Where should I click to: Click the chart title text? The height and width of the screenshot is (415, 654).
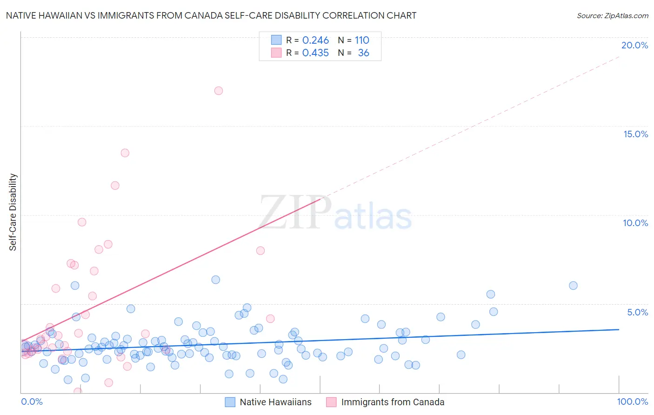pos(211,15)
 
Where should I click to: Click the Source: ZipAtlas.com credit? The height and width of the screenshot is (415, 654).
pos(612,15)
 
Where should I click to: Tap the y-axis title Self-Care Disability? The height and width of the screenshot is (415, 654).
pos(13,212)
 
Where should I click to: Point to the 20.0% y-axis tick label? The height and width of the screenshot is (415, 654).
pos(634,45)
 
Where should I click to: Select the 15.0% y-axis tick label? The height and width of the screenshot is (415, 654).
pos(635,134)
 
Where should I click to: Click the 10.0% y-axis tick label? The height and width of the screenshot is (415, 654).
pos(635,223)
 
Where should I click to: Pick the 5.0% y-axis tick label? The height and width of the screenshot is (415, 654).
pos(637,312)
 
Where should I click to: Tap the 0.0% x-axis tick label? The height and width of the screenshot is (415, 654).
pos(32,402)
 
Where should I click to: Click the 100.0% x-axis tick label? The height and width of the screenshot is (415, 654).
pos(632,402)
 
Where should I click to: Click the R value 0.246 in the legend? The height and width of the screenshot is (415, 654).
pos(315,40)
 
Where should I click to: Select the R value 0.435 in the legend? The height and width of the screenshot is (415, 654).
pos(315,53)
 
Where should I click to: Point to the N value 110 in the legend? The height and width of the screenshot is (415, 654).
pos(362,40)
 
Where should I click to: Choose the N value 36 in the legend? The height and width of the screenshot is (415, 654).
pos(363,53)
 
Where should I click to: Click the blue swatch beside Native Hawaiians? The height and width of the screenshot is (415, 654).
pos(230,402)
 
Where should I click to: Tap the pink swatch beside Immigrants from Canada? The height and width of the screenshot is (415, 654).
pos(331,402)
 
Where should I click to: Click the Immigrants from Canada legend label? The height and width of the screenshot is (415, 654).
pos(393,402)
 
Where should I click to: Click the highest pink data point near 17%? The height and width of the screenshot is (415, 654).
pos(219,91)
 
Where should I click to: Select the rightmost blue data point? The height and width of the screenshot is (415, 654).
pos(573,286)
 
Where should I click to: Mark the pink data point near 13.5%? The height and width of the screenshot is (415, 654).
pos(125,153)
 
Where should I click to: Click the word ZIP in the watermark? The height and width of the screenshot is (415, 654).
pos(295,213)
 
